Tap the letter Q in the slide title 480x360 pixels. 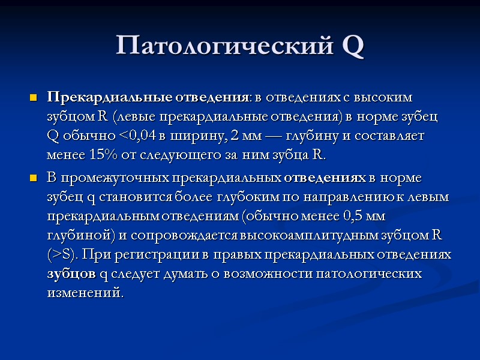(353, 46)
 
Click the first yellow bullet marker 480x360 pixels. (33, 98)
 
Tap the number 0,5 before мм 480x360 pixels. (350, 216)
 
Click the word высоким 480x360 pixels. (386, 97)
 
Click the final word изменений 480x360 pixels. (84, 293)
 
